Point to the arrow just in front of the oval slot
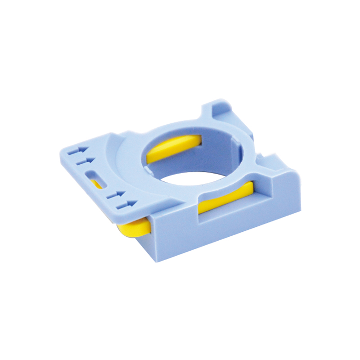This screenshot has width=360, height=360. [x=116, y=194]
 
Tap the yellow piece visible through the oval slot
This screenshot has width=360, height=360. [x=96, y=183]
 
